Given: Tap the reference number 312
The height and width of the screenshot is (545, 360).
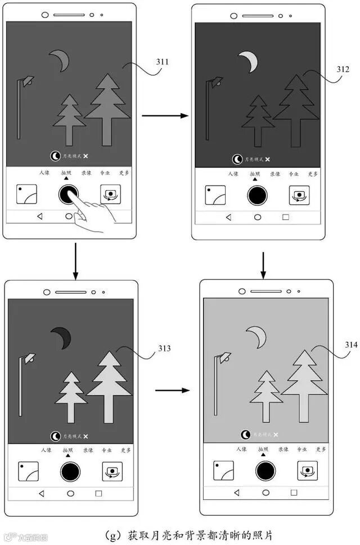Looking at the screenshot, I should (x=343, y=70).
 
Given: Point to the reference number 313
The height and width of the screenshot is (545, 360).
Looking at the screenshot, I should (x=164, y=349).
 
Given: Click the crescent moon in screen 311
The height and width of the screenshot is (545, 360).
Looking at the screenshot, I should (x=60, y=60).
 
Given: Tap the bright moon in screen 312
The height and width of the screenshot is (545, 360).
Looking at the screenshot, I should (x=248, y=61).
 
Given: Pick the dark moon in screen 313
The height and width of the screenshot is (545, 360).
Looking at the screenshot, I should (x=61, y=337).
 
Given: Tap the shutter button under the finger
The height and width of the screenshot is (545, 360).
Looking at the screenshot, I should (x=68, y=194).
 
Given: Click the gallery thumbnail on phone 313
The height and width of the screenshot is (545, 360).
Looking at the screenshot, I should (x=28, y=471).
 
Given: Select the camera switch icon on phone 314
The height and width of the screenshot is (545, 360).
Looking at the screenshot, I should (x=308, y=470).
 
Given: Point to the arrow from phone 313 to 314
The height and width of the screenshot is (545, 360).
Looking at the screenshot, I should (x=172, y=389).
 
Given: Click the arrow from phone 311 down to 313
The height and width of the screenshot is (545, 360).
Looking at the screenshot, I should (x=75, y=261).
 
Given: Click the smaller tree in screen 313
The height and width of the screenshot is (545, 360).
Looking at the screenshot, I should (x=71, y=394).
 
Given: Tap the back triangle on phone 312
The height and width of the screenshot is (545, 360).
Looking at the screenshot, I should (x=228, y=217).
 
